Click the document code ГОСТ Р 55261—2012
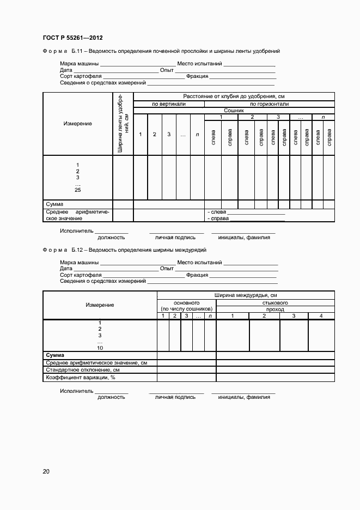tap(72, 38)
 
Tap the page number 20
tap(46, 471)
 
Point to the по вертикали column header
tap(168, 104)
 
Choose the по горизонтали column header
tap(269, 104)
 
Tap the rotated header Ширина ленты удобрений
tap(123, 124)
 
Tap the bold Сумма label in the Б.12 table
tap(55, 355)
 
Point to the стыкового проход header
tap(275, 306)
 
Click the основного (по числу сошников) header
tap(186, 306)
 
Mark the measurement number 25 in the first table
tap(77, 190)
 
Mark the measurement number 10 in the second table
tap(100, 348)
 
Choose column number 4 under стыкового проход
tap(321, 316)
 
